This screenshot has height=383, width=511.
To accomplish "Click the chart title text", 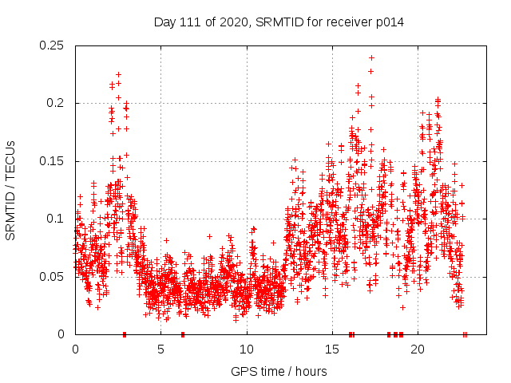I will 279,22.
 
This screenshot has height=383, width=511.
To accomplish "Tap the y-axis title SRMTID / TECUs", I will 11,190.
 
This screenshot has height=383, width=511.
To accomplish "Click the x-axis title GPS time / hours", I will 279,371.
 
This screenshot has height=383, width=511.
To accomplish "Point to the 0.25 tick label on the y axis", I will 53,45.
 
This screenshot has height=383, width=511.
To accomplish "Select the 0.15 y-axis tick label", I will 53,161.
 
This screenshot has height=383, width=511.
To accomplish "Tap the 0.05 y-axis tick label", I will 53,277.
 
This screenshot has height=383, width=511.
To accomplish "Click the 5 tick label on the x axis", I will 160,349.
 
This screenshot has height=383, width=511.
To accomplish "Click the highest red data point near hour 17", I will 371,57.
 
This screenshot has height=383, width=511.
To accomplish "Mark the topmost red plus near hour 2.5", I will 118,74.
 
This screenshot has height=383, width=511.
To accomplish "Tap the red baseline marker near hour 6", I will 183,334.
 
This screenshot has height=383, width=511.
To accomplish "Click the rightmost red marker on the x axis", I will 465,334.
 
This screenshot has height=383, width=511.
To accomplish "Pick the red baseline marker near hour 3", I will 124,334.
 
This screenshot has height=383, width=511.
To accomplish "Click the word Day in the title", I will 164,22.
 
